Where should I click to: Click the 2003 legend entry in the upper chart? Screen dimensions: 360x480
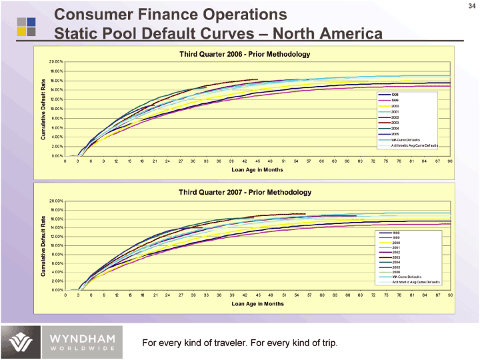click(x=395, y=122)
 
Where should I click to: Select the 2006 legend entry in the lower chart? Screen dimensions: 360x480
click(x=395, y=271)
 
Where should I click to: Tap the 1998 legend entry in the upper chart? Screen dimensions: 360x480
click(x=395, y=95)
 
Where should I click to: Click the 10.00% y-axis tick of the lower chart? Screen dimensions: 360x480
click(x=55, y=245)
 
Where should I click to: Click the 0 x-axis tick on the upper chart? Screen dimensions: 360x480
click(x=65, y=161)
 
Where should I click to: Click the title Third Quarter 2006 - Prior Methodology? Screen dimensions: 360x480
click(x=245, y=53)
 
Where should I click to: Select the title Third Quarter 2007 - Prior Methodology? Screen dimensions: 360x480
click(x=245, y=192)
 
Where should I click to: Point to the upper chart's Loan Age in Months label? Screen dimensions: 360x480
click(x=257, y=169)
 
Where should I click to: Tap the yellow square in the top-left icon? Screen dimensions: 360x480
click(x=23, y=31)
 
